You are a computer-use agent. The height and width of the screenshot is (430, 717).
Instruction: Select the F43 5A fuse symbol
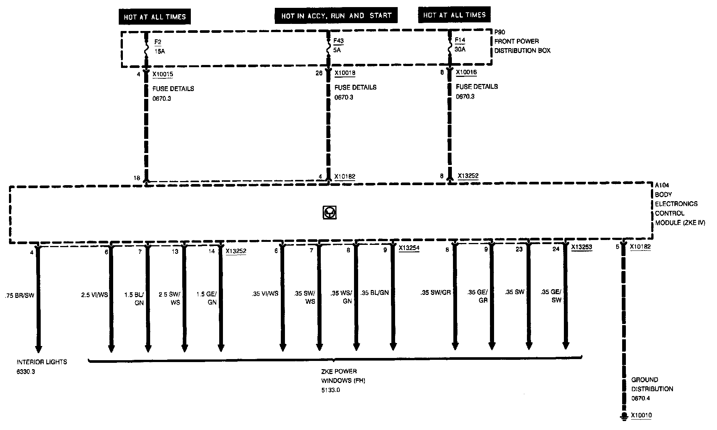tap(328, 47)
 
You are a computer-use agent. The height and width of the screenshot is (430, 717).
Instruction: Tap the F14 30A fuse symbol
tap(450, 46)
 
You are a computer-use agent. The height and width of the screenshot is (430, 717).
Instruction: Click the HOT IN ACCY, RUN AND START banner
tap(336, 16)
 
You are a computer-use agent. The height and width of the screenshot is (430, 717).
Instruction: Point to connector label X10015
tap(162, 74)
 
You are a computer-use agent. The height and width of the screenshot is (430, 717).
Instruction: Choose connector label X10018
tap(345, 73)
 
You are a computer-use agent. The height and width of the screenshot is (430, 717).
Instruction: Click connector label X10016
tap(466, 72)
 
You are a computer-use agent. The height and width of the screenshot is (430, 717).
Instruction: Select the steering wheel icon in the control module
tap(329, 212)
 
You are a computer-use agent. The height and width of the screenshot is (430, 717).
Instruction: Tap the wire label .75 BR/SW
tap(19, 296)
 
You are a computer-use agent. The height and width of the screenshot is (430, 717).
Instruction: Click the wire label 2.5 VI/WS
tap(94, 295)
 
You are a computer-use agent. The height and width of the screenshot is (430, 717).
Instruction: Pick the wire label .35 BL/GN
tap(375, 293)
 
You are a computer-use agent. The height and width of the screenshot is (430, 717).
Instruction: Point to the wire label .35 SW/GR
tap(435, 293)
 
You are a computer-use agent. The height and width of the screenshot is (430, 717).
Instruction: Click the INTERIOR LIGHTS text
tap(42, 362)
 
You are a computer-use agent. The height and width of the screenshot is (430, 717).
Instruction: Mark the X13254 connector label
tap(409, 247)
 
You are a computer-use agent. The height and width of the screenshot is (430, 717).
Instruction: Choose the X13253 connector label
tap(581, 247)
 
